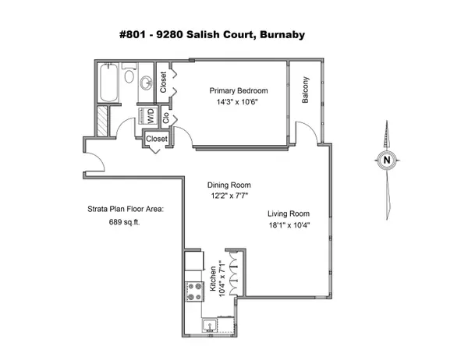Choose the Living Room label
tap(289, 214)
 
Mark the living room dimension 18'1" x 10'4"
tap(289, 226)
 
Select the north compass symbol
tap(385, 161)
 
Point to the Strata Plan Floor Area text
tap(123, 209)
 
